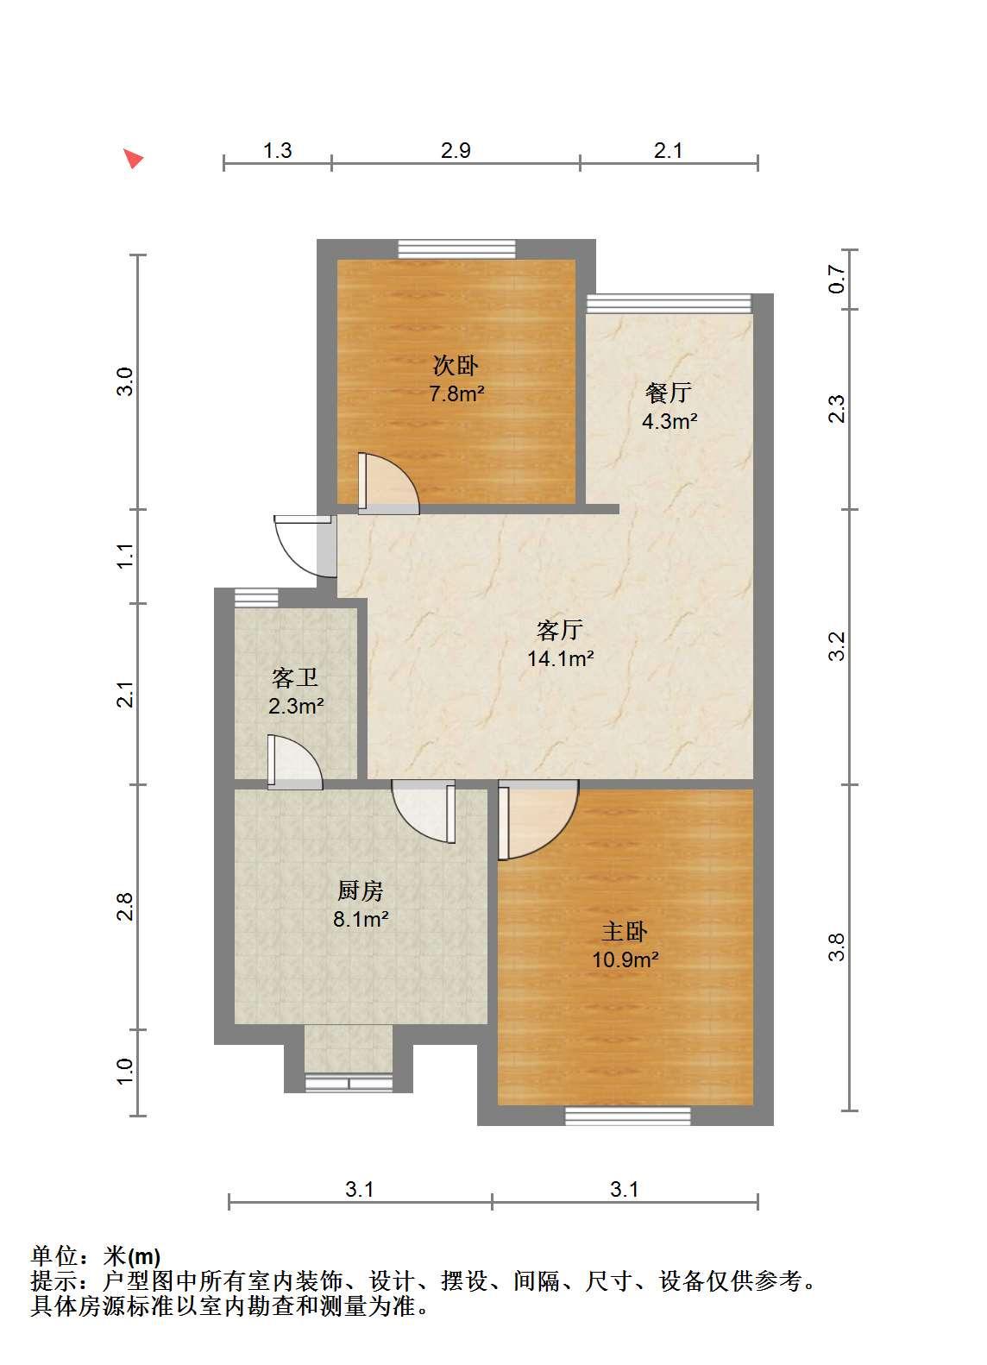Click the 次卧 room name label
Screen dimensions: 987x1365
[x=456, y=366]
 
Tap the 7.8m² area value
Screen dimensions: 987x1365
[x=457, y=393]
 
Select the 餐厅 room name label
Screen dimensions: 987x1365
[x=669, y=393]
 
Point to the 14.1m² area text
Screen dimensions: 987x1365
[x=561, y=658]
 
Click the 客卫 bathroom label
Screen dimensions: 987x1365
[x=295, y=677]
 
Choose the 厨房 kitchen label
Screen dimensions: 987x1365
[x=361, y=890]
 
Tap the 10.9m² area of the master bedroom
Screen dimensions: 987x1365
[x=626, y=959]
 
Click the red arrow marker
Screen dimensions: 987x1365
[x=133, y=158]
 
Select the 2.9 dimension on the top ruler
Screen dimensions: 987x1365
[x=456, y=150]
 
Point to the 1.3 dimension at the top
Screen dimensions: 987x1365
[x=277, y=150]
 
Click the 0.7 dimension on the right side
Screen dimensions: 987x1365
[x=837, y=279]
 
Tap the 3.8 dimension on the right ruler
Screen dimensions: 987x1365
[x=837, y=947]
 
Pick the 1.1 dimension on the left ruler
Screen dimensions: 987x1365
[x=125, y=556]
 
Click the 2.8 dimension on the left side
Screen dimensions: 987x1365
[x=125, y=906]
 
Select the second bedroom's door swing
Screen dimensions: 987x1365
[x=388, y=482]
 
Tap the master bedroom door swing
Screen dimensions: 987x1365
[x=538, y=820]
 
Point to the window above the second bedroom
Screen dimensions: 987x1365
[x=457, y=249]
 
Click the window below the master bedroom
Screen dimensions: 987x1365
[x=628, y=1116]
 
